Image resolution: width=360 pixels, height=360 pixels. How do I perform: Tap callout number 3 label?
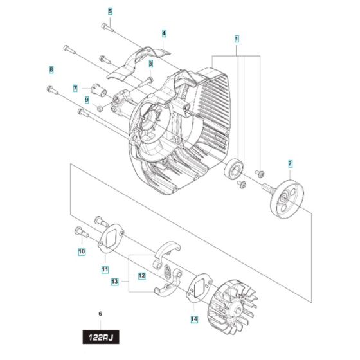[x=150, y=64]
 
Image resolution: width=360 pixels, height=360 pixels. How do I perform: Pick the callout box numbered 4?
[x=164, y=33]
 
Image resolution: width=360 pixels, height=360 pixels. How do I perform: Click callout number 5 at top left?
[x=110, y=12]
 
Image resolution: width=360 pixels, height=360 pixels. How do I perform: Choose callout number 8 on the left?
[x=51, y=69]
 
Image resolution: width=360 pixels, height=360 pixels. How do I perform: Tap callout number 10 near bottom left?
[x=82, y=252]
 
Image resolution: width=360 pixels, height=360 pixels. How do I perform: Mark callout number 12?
[x=142, y=276]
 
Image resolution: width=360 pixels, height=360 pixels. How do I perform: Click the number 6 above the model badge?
[x=100, y=314]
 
